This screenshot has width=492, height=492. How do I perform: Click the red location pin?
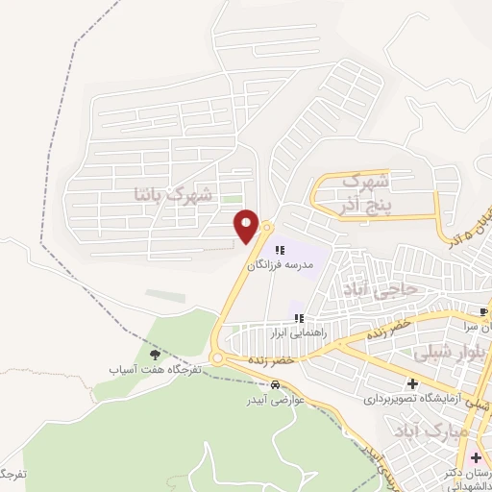pyautogui.click(x=247, y=226)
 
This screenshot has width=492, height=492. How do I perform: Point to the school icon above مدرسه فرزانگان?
pyautogui.click(x=279, y=250)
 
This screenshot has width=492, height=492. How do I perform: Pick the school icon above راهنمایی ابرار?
pyautogui.click(x=300, y=318)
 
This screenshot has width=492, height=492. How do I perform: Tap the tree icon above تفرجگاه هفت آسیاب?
pyautogui.click(x=155, y=356)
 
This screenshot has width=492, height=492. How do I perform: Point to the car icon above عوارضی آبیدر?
pyautogui.click(x=276, y=384)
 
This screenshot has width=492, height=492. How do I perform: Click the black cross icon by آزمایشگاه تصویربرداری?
pyautogui.click(x=411, y=384)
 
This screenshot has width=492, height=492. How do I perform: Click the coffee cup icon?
pyautogui.click(x=483, y=311)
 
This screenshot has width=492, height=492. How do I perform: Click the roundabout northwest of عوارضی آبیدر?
pyautogui.click(x=219, y=359)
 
